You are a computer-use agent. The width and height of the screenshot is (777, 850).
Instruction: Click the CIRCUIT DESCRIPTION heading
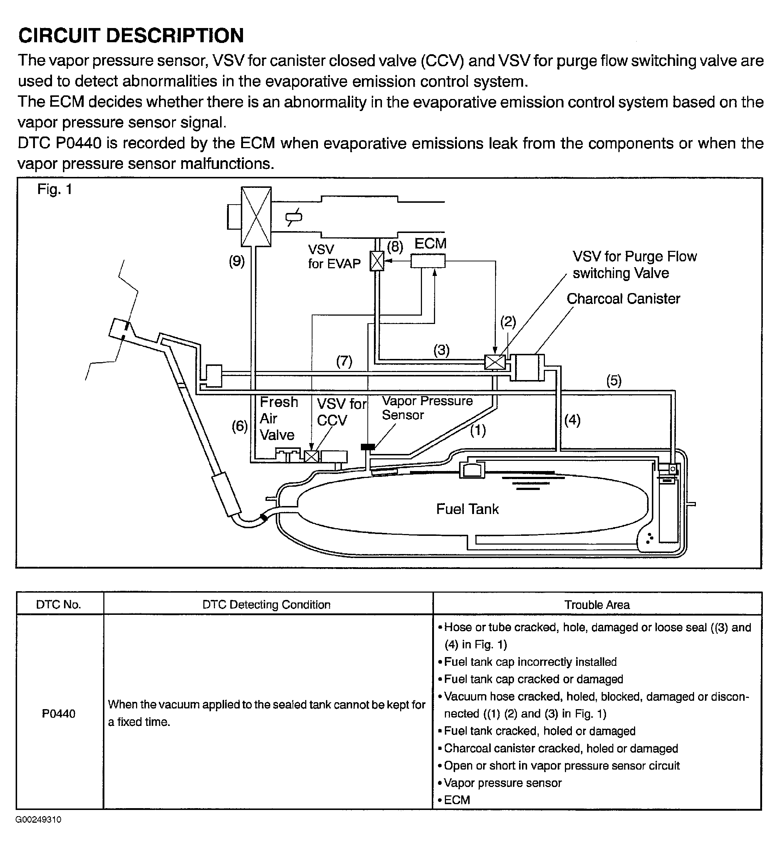point(131,35)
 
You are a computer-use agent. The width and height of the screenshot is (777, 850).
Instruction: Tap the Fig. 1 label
point(55,189)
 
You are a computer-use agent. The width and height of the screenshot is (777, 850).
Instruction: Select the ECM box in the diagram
point(428,261)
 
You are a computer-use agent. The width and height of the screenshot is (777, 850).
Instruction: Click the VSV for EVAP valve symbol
point(377,261)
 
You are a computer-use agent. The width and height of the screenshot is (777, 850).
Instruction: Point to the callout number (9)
point(237,261)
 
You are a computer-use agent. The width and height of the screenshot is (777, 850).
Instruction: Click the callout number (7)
point(344,361)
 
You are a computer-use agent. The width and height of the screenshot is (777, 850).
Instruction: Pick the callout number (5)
point(614,381)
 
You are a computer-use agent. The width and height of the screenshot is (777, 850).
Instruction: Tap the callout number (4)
point(572,420)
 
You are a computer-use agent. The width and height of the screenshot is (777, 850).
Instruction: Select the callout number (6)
point(240,426)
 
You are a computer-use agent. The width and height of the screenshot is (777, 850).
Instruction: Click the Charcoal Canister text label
point(623,299)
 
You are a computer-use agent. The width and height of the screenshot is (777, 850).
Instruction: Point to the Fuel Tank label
point(467,509)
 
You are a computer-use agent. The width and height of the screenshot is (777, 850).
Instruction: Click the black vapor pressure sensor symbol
point(368,447)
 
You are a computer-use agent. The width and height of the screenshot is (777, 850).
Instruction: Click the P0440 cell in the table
point(59,713)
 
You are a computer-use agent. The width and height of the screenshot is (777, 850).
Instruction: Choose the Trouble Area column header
point(597,605)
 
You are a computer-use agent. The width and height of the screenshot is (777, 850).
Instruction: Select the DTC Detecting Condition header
point(266,605)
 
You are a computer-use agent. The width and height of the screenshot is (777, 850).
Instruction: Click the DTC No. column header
point(59,605)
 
